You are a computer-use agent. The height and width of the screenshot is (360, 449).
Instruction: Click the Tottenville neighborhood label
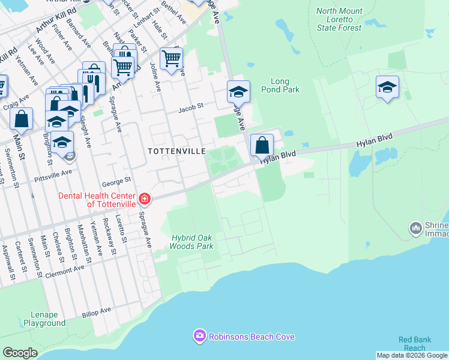[177, 151]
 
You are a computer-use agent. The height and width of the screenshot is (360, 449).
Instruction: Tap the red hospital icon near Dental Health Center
[144, 199]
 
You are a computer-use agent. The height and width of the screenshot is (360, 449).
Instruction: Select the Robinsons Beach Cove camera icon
[200, 336]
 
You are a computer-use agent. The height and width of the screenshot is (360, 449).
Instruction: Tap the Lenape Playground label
[44, 319]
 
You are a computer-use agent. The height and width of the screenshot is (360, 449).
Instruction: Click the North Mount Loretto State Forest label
[339, 19]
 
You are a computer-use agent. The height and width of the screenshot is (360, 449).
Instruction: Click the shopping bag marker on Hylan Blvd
[262, 145]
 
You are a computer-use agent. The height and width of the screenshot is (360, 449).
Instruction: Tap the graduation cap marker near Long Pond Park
[238, 92]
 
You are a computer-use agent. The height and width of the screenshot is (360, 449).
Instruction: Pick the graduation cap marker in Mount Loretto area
[387, 87]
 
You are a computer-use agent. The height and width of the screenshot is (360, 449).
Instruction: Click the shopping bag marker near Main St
[22, 119]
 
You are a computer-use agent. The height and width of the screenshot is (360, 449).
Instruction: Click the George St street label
[116, 180]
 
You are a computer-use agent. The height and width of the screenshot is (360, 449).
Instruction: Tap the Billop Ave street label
[97, 311]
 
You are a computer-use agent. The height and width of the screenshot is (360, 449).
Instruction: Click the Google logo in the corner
[19, 353]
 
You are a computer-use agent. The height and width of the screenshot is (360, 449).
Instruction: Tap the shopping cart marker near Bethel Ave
[171, 59]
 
